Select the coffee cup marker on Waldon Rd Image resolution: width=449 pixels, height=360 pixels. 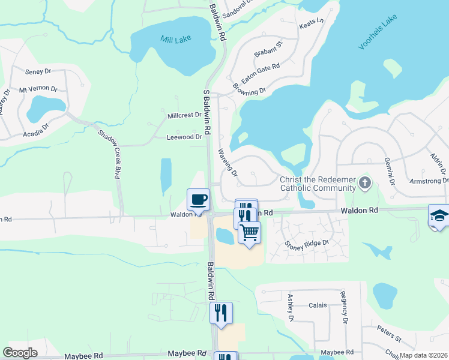point(198,200)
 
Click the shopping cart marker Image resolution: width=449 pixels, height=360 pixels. point(249,232)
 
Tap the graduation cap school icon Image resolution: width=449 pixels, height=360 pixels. point(439,216)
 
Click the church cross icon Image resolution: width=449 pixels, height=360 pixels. point(364,182)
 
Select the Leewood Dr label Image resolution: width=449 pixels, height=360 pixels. point(184,137)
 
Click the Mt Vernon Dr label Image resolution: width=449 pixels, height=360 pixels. point(38,89)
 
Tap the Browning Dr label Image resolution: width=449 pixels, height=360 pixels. point(250,92)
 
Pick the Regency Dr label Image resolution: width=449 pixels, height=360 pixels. point(345,307)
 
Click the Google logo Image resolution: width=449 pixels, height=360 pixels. point(20,353)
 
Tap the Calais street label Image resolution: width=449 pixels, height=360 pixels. point(318,305)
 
